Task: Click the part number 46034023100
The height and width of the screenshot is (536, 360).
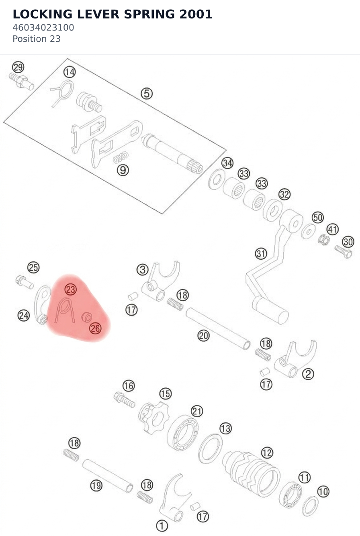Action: (x=43, y=28)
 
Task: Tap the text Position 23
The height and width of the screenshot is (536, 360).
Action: (x=37, y=39)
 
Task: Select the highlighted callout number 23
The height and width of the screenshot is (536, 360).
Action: (x=71, y=289)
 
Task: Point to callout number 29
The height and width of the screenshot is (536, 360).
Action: (x=18, y=67)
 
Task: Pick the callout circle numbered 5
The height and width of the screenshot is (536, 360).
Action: (x=147, y=94)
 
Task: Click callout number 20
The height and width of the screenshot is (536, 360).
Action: (x=203, y=336)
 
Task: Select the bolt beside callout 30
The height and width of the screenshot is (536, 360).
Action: (x=344, y=252)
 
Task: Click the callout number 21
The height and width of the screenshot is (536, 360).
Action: (x=197, y=411)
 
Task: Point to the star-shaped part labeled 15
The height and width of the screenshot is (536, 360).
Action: (x=153, y=418)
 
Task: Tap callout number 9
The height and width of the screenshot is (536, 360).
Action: (x=123, y=170)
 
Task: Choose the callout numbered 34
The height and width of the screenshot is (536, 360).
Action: (x=227, y=163)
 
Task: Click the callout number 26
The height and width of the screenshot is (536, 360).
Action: (x=95, y=328)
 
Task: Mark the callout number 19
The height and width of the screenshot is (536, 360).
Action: (x=96, y=485)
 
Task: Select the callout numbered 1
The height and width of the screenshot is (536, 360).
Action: (x=162, y=526)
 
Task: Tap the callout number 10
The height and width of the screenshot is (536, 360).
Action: (x=323, y=492)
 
